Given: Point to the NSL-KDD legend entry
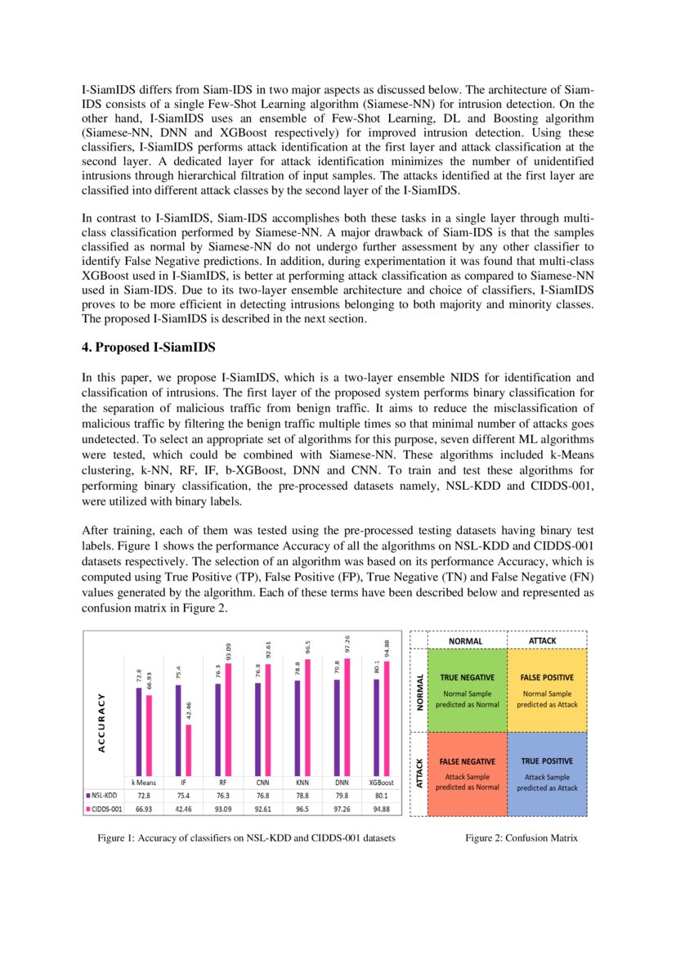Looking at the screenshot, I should [x=101, y=794].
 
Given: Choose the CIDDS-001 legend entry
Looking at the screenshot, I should [x=103, y=808].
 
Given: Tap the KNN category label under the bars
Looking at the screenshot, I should [x=302, y=782].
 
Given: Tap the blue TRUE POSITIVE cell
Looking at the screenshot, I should [x=547, y=774].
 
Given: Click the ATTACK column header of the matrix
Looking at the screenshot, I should [x=543, y=640].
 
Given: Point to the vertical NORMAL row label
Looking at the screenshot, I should [x=420, y=691].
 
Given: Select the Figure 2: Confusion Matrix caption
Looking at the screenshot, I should [x=521, y=838].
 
